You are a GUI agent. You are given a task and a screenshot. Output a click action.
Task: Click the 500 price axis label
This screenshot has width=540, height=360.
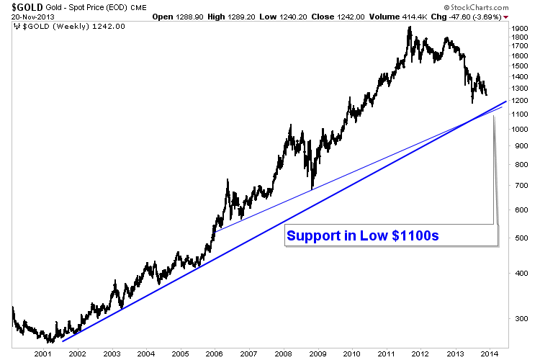pyautogui.click(x=516, y=238)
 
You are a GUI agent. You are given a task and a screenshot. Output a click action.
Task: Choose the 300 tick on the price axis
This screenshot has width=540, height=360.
pyautogui.click(x=516, y=318)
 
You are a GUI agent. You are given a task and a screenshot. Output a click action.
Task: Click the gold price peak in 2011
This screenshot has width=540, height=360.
pyautogui.click(x=410, y=28)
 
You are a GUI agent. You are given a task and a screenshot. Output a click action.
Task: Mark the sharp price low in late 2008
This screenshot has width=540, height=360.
pyautogui.click(x=312, y=189)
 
